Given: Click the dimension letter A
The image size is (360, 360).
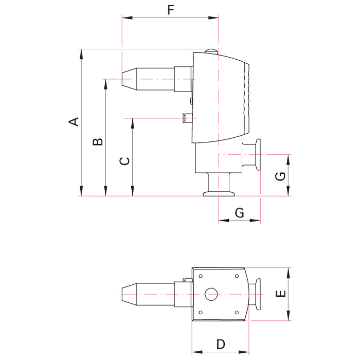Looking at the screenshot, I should (x=75, y=122).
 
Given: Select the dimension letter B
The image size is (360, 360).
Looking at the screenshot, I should (x=98, y=141).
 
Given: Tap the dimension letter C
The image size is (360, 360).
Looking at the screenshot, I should (x=124, y=161).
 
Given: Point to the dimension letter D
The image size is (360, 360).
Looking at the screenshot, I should (x=220, y=344).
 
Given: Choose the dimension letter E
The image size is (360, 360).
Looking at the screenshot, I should (x=280, y=294).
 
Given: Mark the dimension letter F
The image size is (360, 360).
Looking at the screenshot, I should (x=170, y=9).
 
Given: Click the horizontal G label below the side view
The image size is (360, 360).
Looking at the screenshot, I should (x=239, y=212).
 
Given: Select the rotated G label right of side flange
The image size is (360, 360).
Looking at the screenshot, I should (x=280, y=176).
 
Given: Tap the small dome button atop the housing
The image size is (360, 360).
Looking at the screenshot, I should (x=211, y=50).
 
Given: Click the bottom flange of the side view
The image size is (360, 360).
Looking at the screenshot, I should (x=219, y=193).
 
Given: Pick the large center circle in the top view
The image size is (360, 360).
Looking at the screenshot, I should (x=211, y=295).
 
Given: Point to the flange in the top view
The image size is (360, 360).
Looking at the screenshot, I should (x=259, y=295).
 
